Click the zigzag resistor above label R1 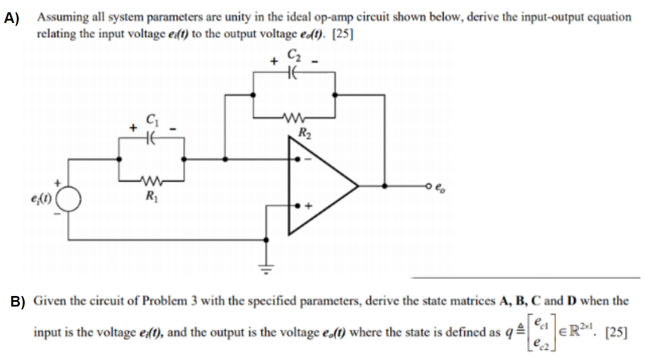(152, 180)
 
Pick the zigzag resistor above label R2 (293, 117)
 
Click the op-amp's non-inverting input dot (300, 207)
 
